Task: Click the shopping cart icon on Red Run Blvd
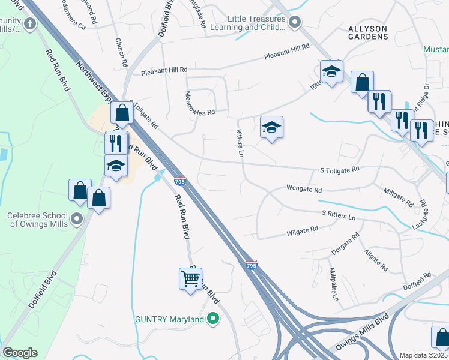(190, 278)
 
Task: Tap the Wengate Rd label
(304, 189)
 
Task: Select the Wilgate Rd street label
(302, 230)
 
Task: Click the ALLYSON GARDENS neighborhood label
(369, 32)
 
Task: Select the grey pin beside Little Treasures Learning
(294, 23)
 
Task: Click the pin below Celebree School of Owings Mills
(76, 219)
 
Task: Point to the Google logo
(20, 353)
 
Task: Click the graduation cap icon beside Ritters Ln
(271, 127)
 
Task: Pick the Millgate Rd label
(398, 196)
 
